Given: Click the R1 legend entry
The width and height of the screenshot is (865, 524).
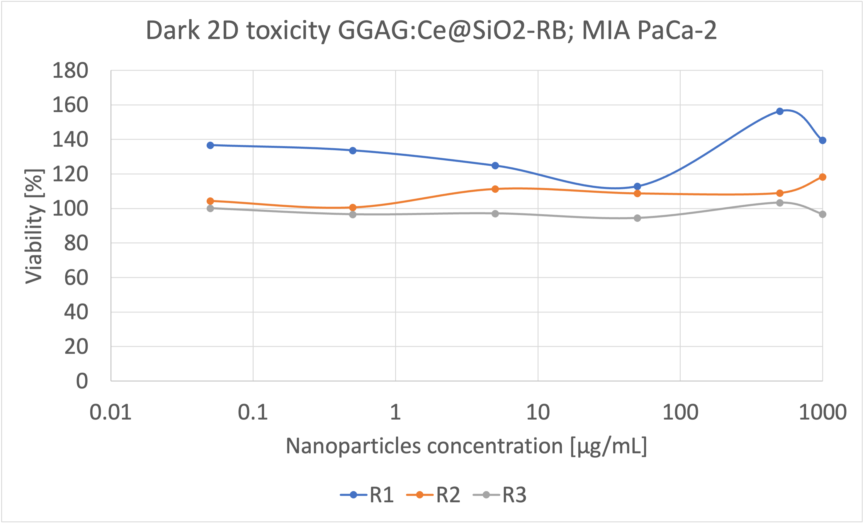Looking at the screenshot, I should pos(367,495).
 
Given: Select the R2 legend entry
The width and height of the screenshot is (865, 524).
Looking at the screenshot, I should pos(433,495).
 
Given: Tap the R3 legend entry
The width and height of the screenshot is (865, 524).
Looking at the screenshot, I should pos(499,495).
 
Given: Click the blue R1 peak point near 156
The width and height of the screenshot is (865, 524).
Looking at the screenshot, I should pos(780,111).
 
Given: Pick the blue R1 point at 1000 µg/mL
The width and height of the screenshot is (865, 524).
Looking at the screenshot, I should pos(822,140).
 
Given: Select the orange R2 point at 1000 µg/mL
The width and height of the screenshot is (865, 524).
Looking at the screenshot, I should pos(822,177).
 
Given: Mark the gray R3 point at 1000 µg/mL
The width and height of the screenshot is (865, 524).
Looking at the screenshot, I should pos(822,214).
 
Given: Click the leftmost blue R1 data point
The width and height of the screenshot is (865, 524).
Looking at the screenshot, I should pos(210,145).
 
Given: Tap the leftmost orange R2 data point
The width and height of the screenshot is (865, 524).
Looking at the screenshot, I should pos(210,201).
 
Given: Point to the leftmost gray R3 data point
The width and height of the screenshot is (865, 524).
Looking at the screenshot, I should pos(210,208).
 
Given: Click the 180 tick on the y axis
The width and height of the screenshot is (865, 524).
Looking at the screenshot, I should pos(70,71).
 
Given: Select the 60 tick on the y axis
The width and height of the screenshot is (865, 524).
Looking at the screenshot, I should pos(76,278).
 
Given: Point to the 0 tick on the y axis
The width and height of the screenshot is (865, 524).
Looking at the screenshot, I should pos(82,381).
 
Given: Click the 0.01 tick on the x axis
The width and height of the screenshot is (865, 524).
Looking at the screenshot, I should pos(111,412).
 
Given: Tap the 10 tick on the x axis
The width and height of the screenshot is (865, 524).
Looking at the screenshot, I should pos(538,412).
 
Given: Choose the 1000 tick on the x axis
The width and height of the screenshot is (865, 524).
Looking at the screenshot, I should pos(822,412).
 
